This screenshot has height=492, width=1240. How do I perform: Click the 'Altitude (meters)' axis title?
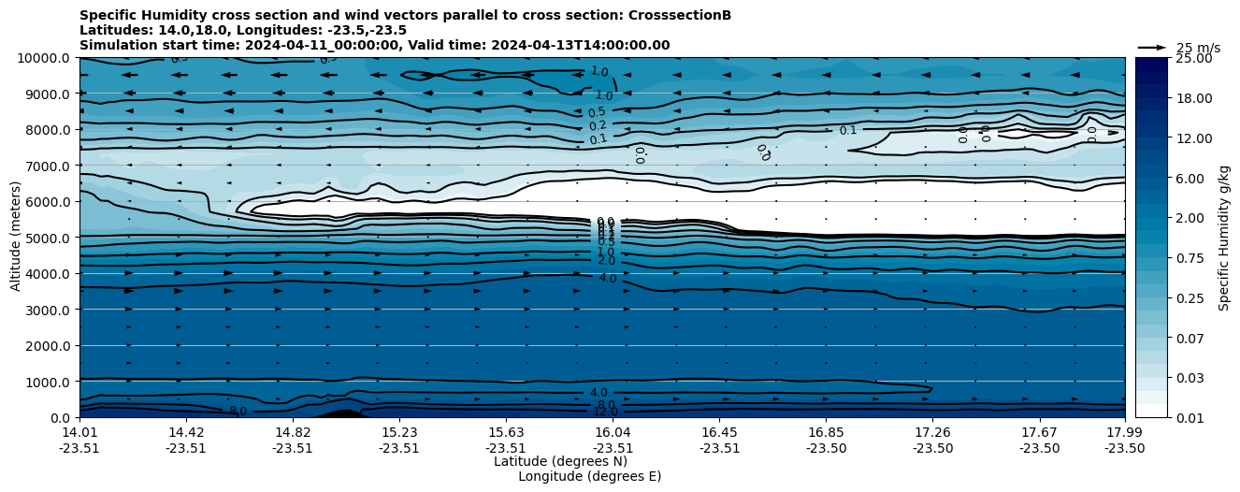(x=16, y=238)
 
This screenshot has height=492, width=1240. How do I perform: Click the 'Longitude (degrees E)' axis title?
(x=589, y=476)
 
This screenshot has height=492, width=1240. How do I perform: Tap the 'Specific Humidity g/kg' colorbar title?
(x=1224, y=238)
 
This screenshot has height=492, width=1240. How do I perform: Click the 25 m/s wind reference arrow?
(x=1151, y=47)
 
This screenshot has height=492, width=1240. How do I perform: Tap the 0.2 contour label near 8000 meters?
(x=598, y=126)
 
